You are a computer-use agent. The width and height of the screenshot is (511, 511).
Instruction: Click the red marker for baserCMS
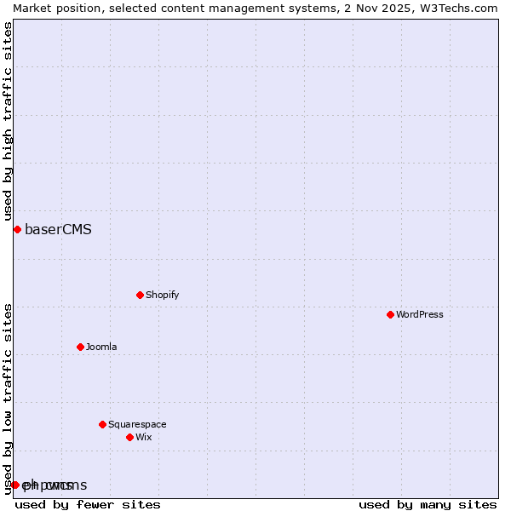pos(17,229)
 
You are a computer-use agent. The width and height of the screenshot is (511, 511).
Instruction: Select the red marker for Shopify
pos(140,295)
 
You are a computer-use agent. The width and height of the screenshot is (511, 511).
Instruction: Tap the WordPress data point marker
pos(390,314)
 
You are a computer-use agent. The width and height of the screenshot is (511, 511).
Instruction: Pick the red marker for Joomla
pos(80,347)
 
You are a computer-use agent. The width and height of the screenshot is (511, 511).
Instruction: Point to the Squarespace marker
pos(102,424)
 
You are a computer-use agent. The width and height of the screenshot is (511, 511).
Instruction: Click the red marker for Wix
pos(129,437)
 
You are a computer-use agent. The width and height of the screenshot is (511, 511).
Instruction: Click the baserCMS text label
pos(58,229)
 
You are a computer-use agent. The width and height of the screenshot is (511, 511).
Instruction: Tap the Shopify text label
pos(162,295)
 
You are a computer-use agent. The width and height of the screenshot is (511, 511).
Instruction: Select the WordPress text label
pos(419,314)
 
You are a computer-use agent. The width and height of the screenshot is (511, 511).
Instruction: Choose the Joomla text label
pos(101,347)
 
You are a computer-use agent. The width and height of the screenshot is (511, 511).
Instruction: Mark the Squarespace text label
pos(137,424)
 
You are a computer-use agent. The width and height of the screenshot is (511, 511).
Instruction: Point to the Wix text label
pos(143,437)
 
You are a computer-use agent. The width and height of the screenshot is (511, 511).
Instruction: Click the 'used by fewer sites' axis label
pos(88,504)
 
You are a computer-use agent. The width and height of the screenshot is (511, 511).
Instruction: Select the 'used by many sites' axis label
pos(428,504)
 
